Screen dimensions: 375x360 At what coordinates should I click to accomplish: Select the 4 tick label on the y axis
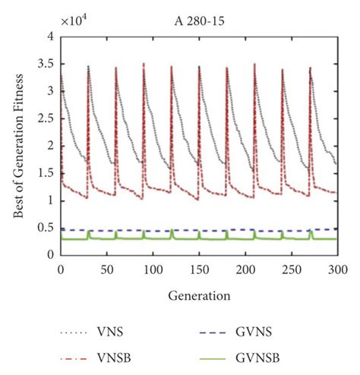[49, 36]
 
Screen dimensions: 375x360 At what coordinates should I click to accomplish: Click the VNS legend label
[111, 332]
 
